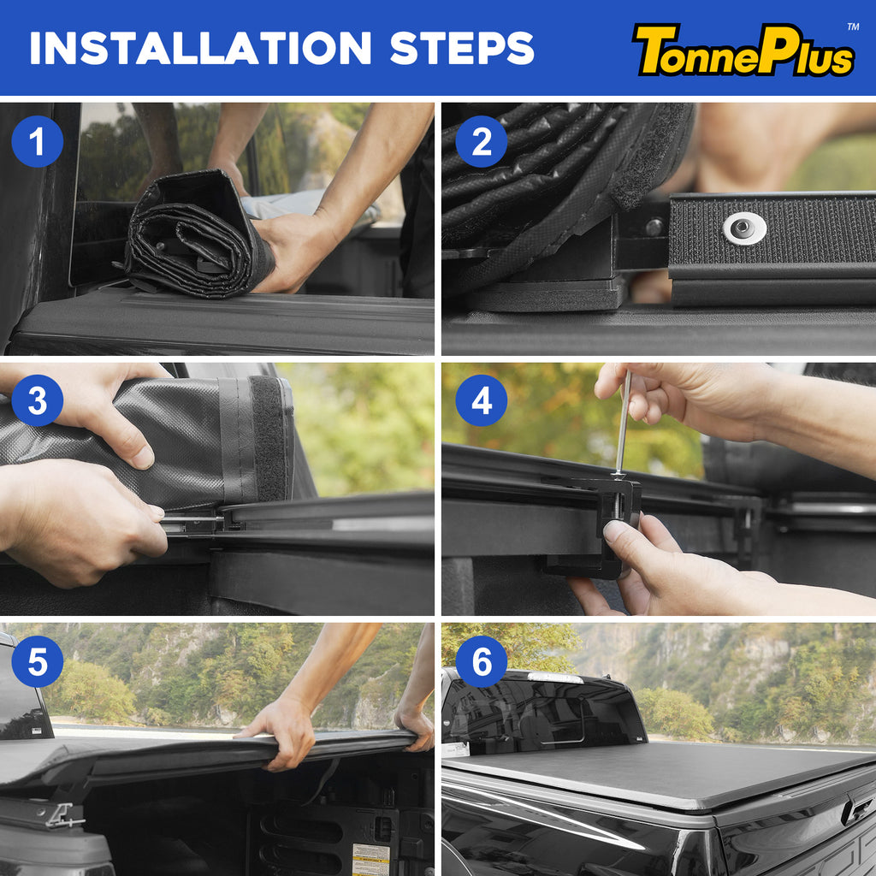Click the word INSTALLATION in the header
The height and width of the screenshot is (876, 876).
click(200, 48)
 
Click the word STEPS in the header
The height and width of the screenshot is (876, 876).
click(461, 48)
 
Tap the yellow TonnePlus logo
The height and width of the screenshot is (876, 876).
click(743, 50)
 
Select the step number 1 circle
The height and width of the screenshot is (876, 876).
click(38, 141)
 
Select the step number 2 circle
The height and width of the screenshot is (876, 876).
click(481, 141)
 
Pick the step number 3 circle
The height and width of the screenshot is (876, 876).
click(38, 400)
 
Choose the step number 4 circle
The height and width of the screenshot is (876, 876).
click(481, 400)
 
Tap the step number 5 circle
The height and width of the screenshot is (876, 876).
click(38, 661)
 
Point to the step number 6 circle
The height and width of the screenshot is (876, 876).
click(481, 661)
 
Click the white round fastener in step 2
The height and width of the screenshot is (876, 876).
click(744, 228)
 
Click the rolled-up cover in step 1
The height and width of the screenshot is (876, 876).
click(198, 234)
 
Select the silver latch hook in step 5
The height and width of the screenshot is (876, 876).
click(64, 814)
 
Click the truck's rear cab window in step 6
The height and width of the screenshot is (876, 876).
click(542, 713)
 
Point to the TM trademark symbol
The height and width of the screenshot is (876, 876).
click(853, 27)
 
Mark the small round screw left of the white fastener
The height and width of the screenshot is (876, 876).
click(654, 227)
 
